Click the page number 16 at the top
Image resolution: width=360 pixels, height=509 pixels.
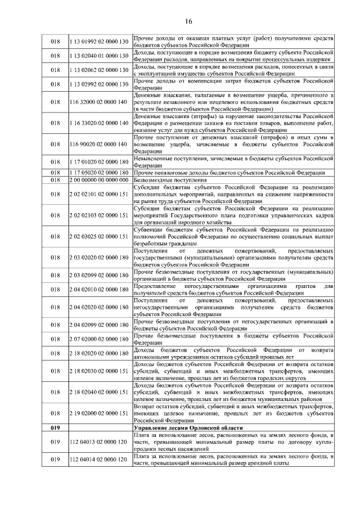(188, 21)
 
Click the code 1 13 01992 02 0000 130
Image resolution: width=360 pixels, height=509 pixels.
(99, 42)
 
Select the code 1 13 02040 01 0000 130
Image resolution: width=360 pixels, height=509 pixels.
(99, 56)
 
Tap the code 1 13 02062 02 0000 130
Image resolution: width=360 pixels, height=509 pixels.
(99, 70)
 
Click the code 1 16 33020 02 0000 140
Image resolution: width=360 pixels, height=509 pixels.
(99, 123)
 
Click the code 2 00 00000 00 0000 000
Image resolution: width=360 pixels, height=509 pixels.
(99, 180)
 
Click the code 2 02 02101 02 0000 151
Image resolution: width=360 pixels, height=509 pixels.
(99, 194)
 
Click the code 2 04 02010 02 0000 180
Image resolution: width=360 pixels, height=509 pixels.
(99, 290)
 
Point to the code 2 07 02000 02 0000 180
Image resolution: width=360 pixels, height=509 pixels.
(99, 339)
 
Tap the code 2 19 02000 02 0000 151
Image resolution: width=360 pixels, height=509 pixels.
(99, 413)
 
